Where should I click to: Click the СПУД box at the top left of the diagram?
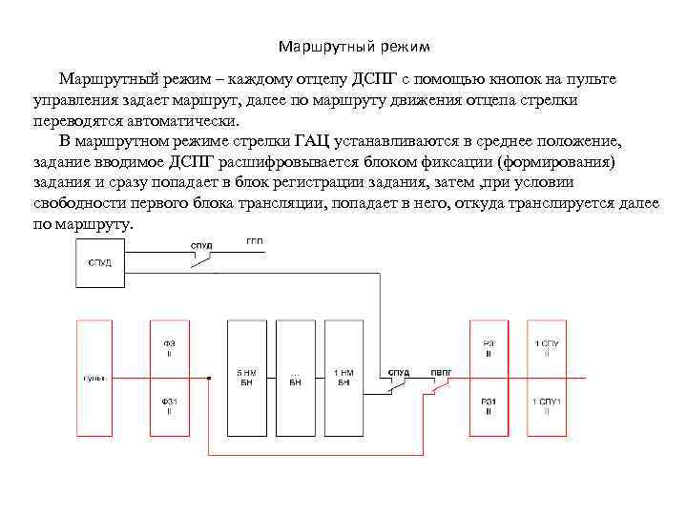tap(99, 262)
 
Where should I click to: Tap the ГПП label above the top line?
tap(255, 241)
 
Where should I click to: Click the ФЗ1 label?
tap(169, 407)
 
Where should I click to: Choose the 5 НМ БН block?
tap(245, 378)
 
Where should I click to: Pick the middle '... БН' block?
tap(295, 378)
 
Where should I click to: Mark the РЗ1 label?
tap(489, 407)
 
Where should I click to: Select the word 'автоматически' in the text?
tap(183, 121)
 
